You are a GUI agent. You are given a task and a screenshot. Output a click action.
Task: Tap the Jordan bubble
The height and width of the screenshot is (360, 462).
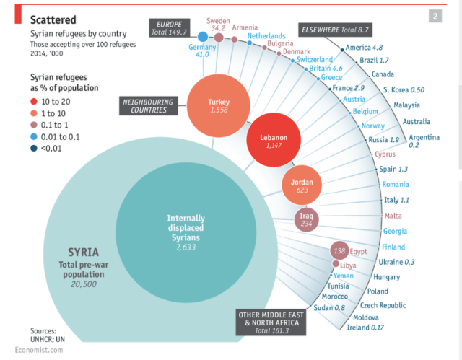point(302,185)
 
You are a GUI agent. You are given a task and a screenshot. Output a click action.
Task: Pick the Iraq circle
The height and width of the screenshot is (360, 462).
point(305,220)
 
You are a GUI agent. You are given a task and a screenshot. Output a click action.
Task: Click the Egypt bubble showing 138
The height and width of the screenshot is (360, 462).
point(339,251)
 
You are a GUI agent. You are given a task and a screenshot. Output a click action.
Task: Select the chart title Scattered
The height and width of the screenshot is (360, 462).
point(55,19)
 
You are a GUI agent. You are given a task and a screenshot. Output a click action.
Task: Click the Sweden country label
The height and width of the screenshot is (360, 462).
point(217,21)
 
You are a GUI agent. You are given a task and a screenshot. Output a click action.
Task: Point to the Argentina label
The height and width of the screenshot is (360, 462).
point(424,137)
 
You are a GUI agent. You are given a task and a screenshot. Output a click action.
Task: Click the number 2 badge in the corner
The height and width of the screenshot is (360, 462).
point(436,16)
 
